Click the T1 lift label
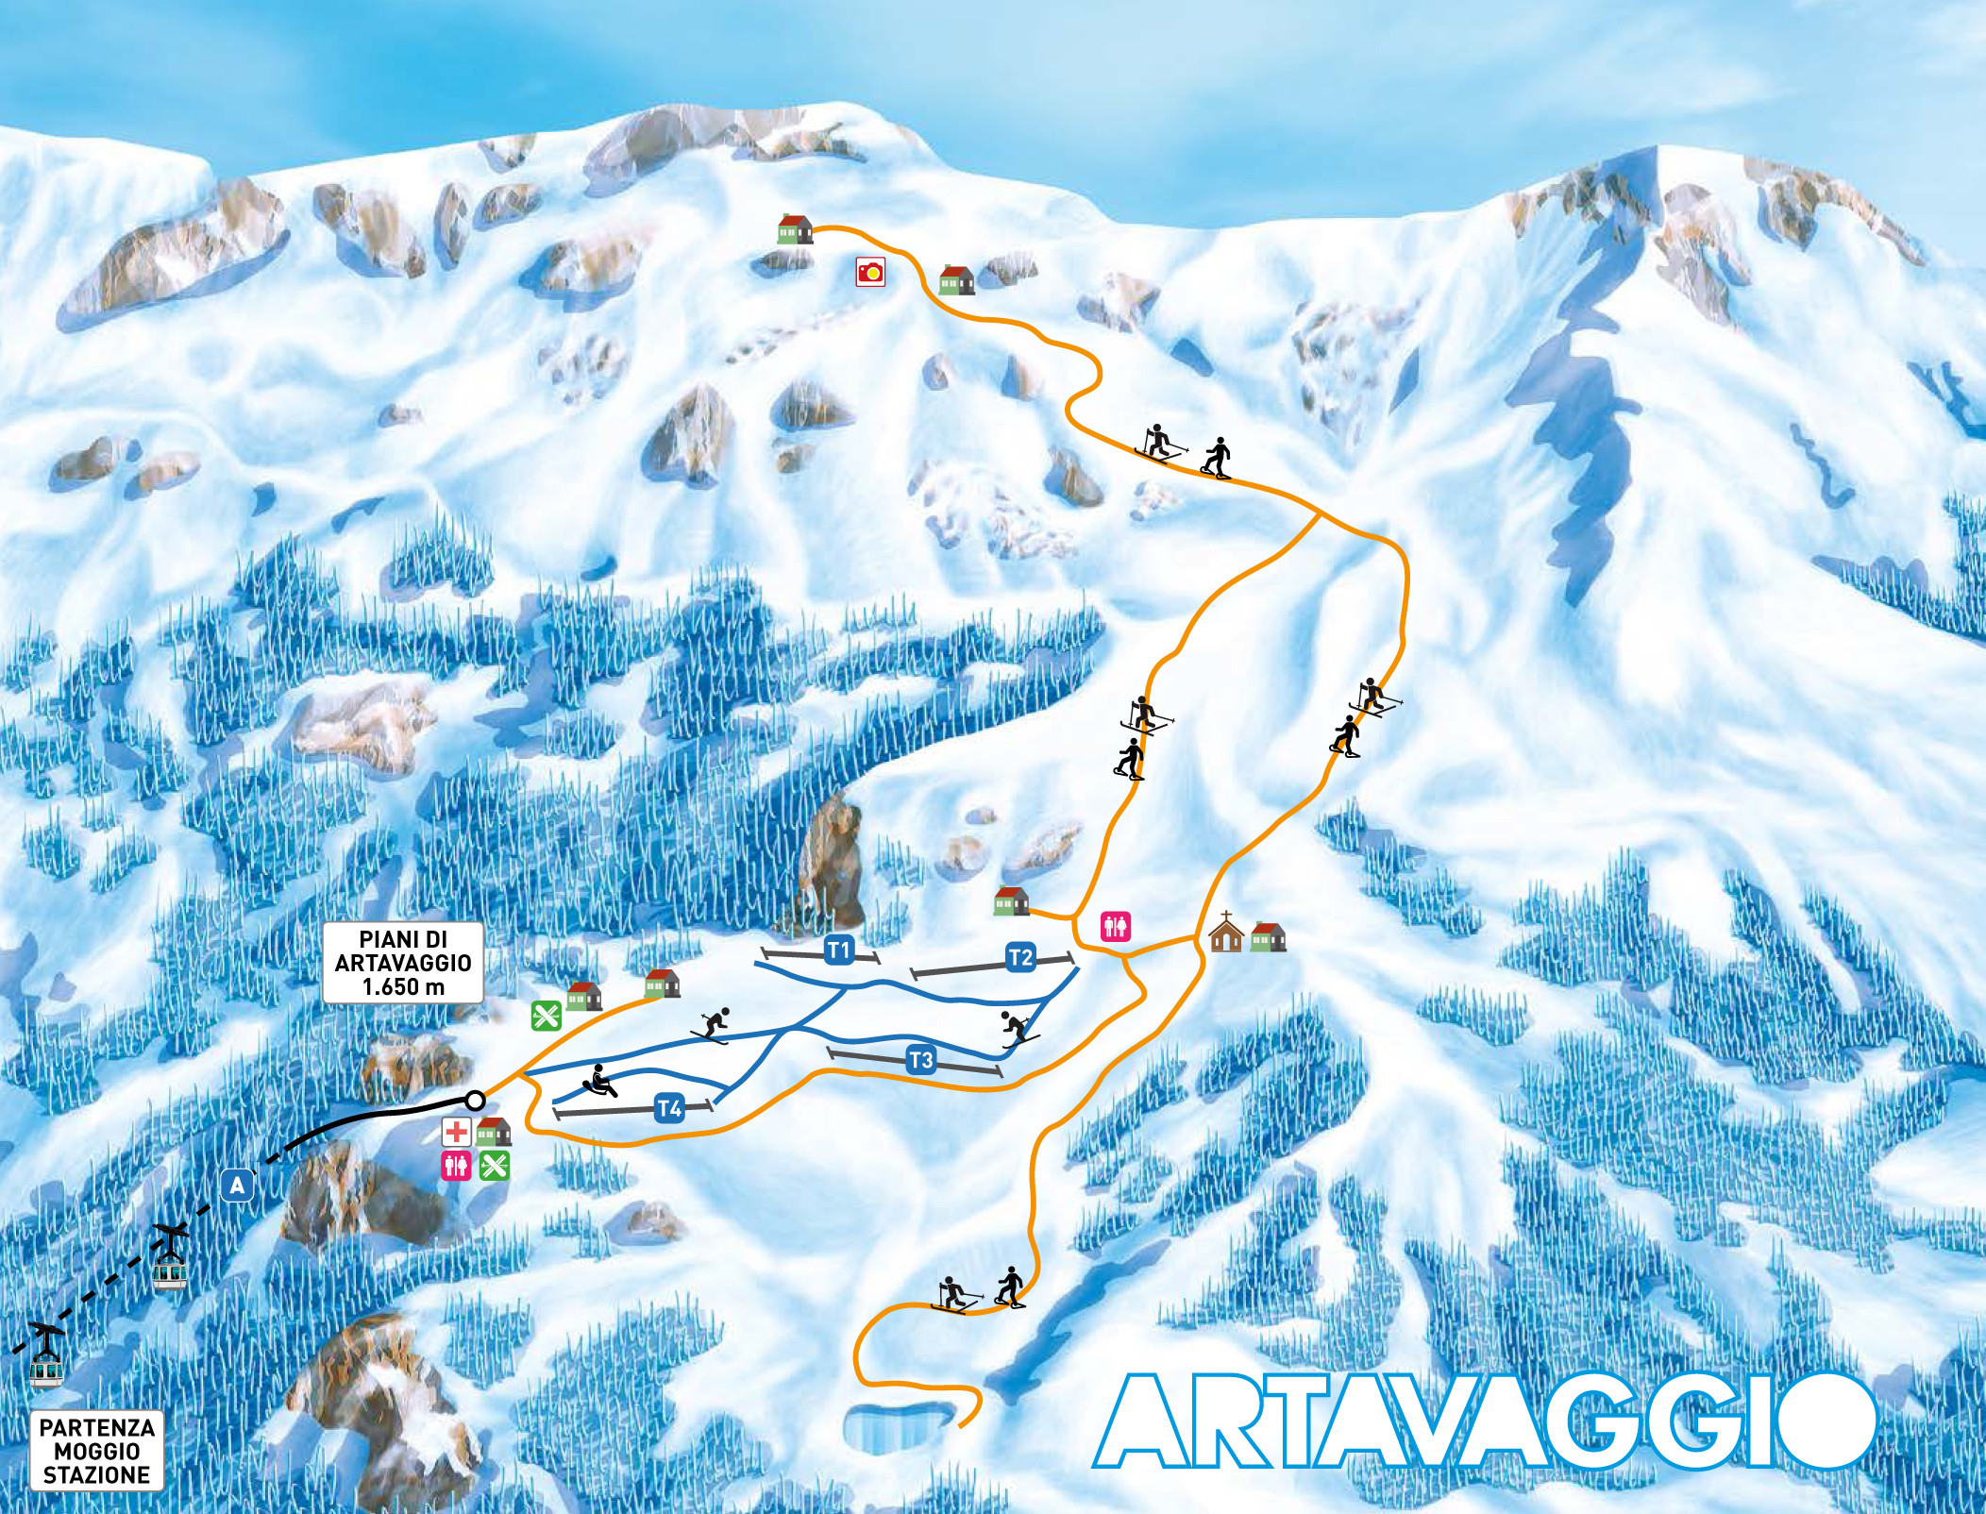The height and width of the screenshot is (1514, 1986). [838, 950]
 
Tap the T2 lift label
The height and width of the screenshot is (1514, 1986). [1020, 958]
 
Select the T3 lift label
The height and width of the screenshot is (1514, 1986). [920, 1061]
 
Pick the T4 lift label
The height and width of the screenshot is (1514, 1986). [669, 1108]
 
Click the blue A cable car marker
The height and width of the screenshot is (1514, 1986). [239, 1186]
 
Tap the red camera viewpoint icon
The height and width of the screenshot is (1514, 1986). [870, 273]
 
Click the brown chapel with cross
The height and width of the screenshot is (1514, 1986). [1225, 933]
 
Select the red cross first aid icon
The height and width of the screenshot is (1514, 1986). [457, 1132]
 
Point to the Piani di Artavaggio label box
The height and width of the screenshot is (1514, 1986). [403, 963]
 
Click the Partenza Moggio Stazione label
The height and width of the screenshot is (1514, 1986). [96, 1452]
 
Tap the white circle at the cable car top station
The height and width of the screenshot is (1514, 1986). [475, 1101]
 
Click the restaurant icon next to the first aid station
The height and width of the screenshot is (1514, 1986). [495, 1166]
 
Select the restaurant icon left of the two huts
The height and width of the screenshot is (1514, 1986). [547, 1015]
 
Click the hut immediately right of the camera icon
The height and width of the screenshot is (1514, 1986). [956, 280]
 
